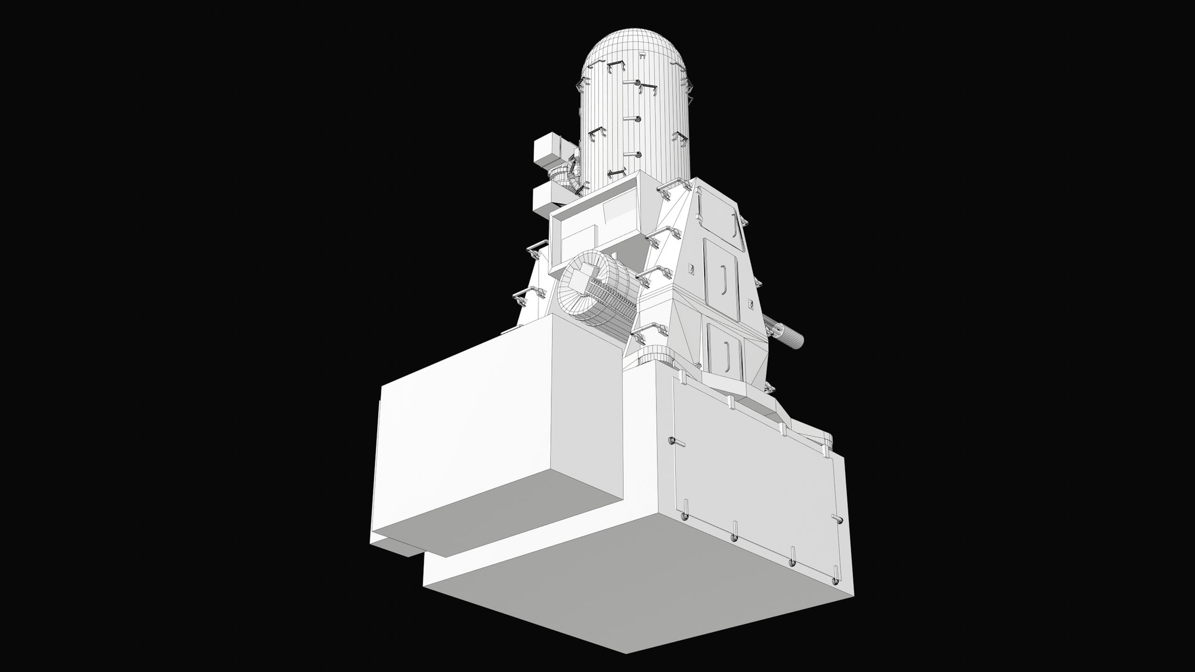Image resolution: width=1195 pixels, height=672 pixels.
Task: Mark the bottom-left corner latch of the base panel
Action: coord(683,516)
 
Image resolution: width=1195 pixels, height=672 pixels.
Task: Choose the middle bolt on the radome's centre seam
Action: coord(636,119)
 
